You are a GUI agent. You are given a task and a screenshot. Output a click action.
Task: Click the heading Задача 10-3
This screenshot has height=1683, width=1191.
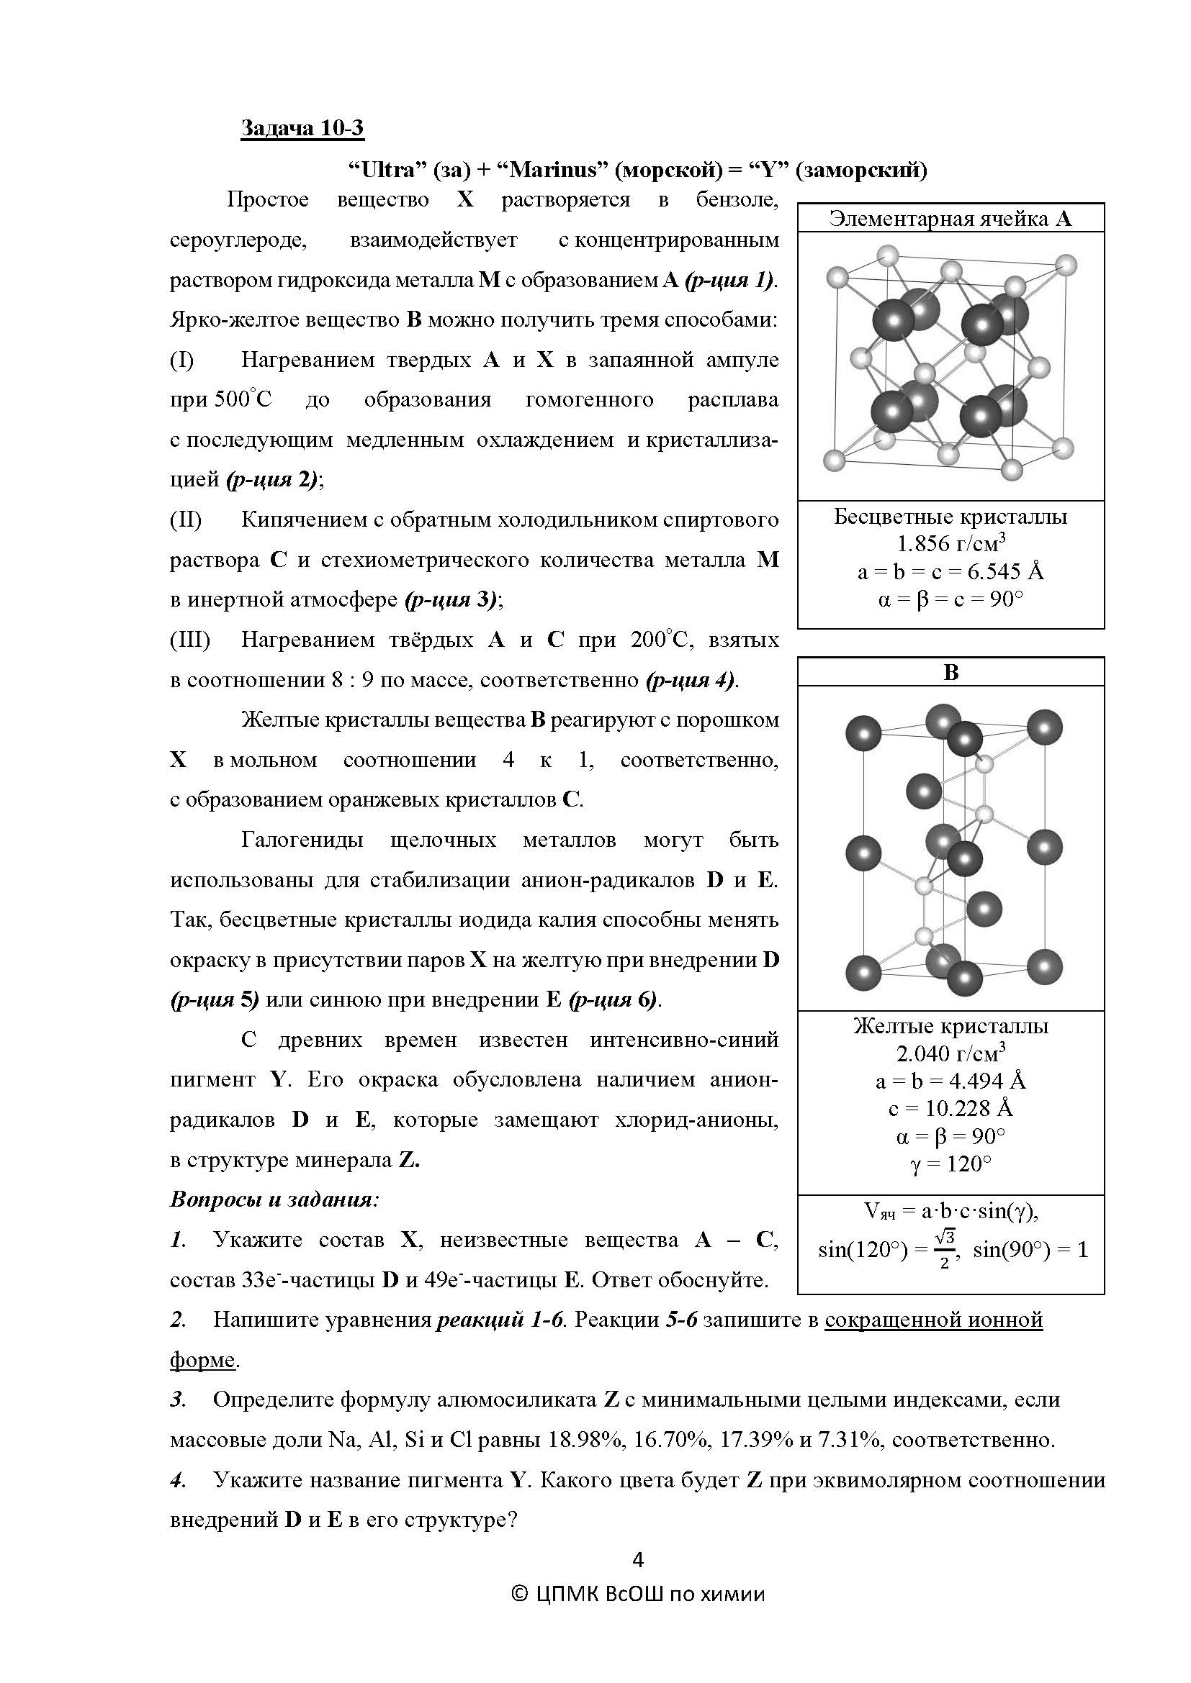302,128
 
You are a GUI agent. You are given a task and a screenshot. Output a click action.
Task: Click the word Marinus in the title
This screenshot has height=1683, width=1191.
552,170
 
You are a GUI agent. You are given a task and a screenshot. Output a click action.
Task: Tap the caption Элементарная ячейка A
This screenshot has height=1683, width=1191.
950,219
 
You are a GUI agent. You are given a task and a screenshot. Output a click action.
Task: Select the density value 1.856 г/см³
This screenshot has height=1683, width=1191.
950,544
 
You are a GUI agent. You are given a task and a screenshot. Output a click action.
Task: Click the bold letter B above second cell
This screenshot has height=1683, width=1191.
950,672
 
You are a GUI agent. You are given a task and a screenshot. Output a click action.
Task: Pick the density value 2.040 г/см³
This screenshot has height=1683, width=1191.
950,1053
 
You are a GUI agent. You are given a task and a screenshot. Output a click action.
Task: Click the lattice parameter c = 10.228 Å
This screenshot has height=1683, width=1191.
950,1108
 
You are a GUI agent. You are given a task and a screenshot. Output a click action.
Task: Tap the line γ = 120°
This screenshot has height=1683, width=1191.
950,1164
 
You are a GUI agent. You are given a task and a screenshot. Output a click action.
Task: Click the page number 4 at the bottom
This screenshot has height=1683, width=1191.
637,1560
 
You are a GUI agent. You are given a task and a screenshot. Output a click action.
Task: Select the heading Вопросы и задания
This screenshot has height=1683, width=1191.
274,1200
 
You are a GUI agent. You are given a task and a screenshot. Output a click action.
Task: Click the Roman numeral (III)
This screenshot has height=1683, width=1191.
190,640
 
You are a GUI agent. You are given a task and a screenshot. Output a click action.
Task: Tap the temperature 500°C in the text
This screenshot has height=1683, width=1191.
243,400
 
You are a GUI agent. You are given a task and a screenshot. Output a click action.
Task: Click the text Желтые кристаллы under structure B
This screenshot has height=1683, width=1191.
950,1026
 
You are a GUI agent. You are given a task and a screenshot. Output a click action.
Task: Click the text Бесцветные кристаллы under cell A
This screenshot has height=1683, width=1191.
950,517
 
